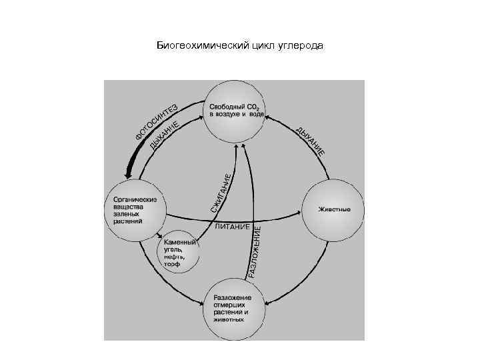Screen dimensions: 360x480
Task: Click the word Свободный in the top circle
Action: click(x=227, y=107)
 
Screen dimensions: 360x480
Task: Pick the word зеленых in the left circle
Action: click(x=127, y=214)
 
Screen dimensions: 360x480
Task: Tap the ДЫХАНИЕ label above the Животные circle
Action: click(x=311, y=141)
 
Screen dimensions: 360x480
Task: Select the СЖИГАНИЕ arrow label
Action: click(x=222, y=193)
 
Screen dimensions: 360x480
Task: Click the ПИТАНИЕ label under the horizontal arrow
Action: click(x=232, y=228)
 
